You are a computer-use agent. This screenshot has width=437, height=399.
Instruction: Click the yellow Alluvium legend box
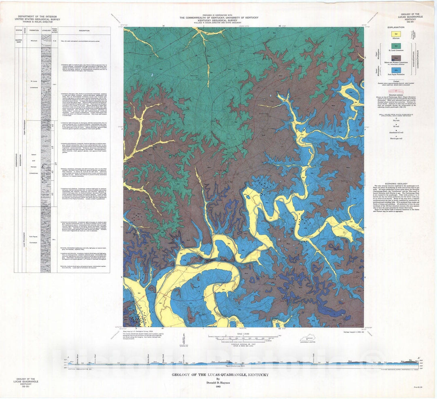point(386,34)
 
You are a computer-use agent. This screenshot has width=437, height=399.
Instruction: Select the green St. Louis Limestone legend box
point(386,46)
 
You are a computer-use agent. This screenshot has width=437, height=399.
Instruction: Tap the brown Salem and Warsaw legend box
point(386,58)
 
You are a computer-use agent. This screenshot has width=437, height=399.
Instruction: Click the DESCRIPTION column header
point(84,30)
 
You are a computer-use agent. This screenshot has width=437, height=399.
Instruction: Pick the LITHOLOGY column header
point(46,30)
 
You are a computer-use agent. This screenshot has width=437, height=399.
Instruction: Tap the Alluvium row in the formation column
point(34,40)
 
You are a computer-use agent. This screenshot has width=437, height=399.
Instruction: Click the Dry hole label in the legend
point(386,120)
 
